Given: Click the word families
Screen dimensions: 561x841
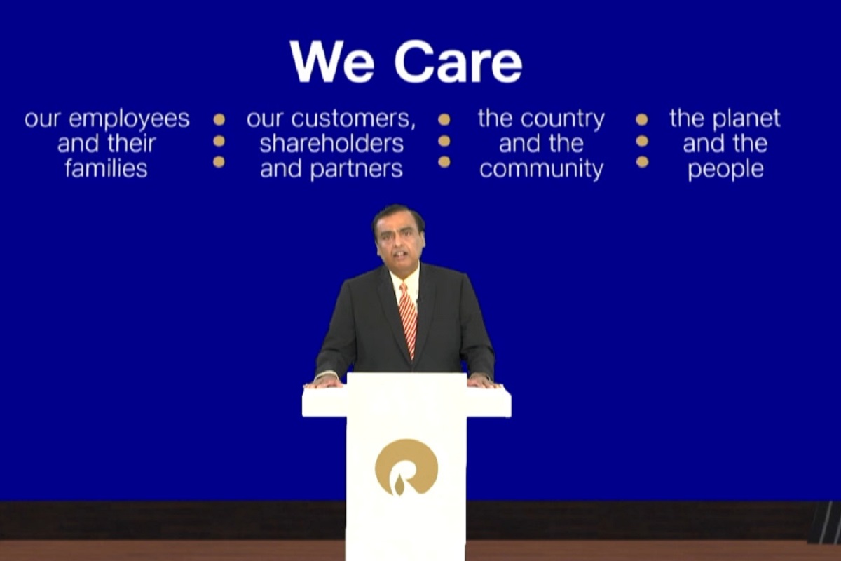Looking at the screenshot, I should coord(106,169).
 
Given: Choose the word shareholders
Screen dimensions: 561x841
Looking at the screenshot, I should coord(331,144).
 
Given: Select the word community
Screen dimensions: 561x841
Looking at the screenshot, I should coord(541,170).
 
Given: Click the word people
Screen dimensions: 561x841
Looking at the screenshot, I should coord(725,170).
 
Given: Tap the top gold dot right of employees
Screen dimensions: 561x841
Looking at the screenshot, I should coord(219,119).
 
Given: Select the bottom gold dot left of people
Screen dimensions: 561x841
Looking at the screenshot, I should coord(642,162).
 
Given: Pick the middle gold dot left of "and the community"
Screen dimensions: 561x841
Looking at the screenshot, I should coord(444,141).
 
